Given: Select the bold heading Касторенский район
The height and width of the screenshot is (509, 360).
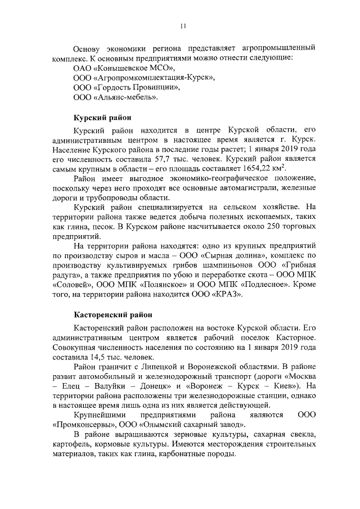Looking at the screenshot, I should tap(114, 314).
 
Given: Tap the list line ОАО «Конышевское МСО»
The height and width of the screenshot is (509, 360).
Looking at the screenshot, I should tap(116, 67).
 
